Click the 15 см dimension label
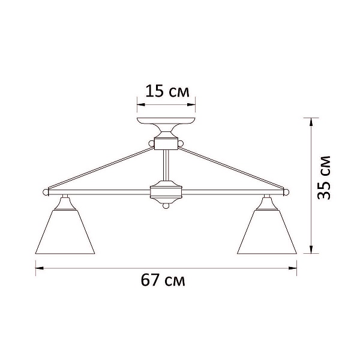(x=167, y=91)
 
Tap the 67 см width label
(x=163, y=280)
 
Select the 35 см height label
(x=324, y=178)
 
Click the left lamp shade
(x=65, y=232)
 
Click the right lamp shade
(x=267, y=232)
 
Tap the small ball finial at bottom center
(x=166, y=206)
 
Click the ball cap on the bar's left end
(x=46, y=192)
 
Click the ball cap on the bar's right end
(x=286, y=192)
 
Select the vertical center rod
(x=166, y=165)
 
